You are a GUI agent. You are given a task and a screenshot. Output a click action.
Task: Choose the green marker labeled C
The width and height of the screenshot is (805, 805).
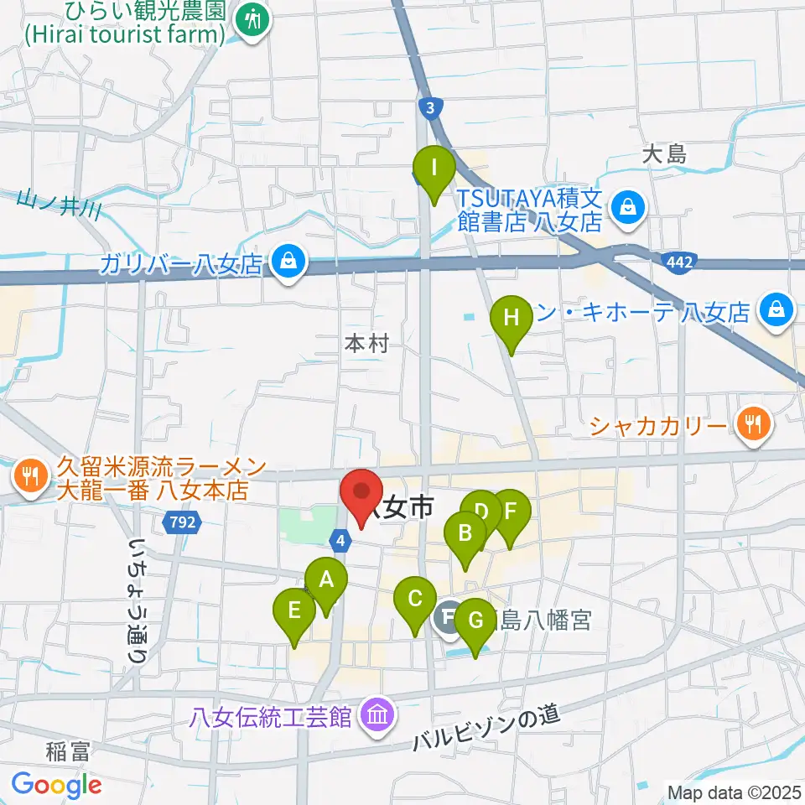(x=414, y=600)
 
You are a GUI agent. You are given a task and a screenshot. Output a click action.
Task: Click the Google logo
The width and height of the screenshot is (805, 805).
(x=56, y=785)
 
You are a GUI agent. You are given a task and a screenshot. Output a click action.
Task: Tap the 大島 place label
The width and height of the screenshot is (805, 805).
(x=665, y=154)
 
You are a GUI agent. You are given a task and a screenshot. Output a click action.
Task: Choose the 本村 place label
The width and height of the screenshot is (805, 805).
(x=367, y=344)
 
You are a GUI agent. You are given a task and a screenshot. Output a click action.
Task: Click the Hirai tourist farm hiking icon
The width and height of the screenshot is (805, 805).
(x=251, y=20)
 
